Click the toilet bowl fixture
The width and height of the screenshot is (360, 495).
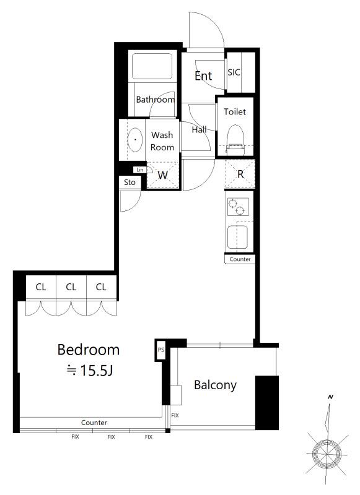pos(235,139)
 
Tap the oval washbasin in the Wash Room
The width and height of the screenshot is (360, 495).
pos(135,140)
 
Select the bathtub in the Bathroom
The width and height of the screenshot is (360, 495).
pos(152,66)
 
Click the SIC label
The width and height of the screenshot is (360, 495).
pos(234,72)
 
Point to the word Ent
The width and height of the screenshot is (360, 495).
pos(203,75)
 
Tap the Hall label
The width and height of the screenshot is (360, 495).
pos(199,129)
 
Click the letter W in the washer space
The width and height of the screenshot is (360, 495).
pos(162,175)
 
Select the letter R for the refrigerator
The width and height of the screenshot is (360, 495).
pos(240,174)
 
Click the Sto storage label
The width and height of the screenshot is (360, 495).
pos(130,182)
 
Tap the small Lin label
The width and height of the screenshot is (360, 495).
pos(139,170)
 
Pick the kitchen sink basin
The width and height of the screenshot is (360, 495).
pos(237,237)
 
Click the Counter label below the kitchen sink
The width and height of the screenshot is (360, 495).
pos(240,259)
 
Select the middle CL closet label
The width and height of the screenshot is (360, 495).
pos(71,287)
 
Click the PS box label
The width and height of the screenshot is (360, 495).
pos(161,350)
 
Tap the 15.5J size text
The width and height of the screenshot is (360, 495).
pos(97,370)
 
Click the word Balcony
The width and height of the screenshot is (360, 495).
pos(215,385)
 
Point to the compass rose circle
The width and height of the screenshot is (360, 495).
pos(327,454)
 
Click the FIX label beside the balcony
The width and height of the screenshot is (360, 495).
pos(175,415)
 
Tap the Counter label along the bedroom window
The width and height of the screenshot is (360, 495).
pos(94,423)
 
